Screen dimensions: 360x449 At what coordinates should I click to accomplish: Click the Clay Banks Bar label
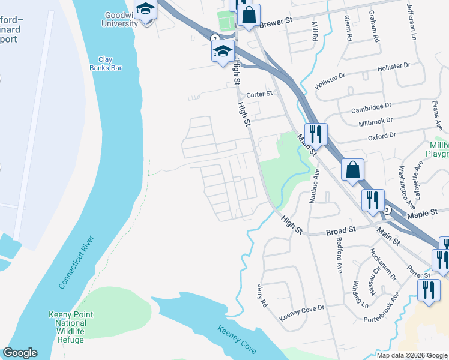tap(110, 64)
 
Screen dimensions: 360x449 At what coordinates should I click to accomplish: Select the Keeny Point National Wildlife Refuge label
tap(71, 328)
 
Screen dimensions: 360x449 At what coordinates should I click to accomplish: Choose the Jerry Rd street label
tap(262, 295)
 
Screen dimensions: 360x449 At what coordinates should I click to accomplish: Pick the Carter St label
tap(259, 94)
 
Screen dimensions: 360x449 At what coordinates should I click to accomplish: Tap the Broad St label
tap(341, 229)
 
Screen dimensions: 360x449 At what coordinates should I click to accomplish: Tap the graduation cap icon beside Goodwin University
tap(145, 10)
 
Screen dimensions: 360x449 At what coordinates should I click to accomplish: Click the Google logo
tap(20, 353)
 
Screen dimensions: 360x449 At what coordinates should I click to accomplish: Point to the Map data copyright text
tap(412, 355)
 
